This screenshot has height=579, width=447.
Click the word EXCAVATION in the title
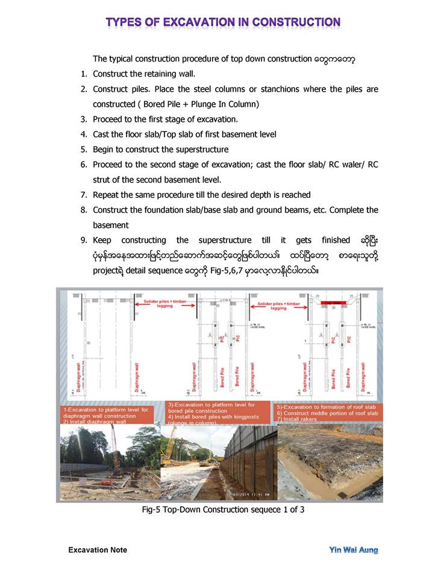point(190,23)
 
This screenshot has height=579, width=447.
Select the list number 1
point(84,74)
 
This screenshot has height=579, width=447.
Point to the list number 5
point(84,149)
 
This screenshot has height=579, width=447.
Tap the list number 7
point(84,195)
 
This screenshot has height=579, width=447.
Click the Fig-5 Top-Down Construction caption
point(223,510)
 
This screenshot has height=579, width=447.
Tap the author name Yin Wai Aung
point(354,549)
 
